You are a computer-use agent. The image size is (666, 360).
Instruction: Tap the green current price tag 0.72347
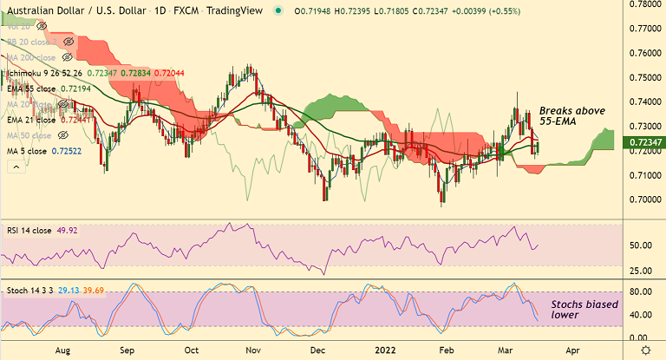coord(646,141)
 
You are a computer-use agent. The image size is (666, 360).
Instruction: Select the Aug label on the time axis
coord(62,350)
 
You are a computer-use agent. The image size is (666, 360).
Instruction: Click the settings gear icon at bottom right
coord(645,350)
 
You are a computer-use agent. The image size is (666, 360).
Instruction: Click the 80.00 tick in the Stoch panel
coord(643,292)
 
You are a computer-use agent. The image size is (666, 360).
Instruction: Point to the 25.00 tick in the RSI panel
coord(643,270)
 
